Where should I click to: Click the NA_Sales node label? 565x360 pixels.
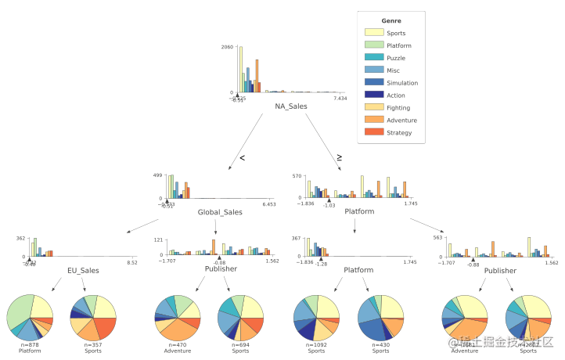pos(290,106)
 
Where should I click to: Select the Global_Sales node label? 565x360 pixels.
pos(220,212)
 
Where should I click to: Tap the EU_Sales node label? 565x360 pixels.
pos(83,271)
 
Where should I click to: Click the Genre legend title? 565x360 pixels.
pos(391,20)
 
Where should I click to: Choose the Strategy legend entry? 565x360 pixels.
pos(399,133)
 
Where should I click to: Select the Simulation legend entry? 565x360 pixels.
pos(402,83)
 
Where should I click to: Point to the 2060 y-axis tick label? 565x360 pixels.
pos(226,47)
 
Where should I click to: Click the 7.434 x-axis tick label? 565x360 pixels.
pos(340,99)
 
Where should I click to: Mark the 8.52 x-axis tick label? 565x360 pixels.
pos(132,263)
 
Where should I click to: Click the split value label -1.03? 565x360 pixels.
pos(329,205)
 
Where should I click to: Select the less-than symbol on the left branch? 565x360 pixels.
pos(243,159)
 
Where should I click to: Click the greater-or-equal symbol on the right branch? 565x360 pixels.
pos(339,157)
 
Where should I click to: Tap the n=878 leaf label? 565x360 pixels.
pos(29,345)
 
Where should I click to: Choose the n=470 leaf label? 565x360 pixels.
pos(178,345)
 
